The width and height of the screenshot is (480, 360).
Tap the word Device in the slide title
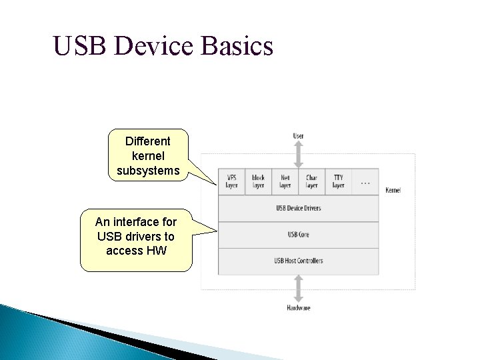pyautogui.click(x=158, y=47)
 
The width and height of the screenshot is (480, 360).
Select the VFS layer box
pyautogui.click(x=231, y=181)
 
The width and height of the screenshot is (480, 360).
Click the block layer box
pyautogui.click(x=258, y=181)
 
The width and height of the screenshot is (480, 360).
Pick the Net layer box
pyautogui.click(x=285, y=181)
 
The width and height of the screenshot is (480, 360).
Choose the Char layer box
pyautogui.click(x=311, y=181)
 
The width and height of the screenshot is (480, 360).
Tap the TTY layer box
pyautogui.click(x=338, y=181)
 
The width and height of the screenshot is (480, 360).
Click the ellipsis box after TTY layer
pyautogui.click(x=365, y=181)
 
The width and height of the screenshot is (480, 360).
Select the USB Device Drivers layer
pyautogui.click(x=298, y=208)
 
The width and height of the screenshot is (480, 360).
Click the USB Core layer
pyautogui.click(x=298, y=235)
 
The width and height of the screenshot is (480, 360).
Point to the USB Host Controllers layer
pyautogui.click(x=298, y=261)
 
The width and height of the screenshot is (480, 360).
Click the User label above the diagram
pyautogui.click(x=298, y=136)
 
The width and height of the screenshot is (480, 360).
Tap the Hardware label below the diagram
pyautogui.click(x=298, y=308)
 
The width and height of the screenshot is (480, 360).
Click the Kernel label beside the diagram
pyautogui.click(x=393, y=191)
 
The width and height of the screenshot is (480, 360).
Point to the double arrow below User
pyautogui.click(x=298, y=154)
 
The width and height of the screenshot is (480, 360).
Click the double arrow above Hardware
pyautogui.click(x=298, y=289)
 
